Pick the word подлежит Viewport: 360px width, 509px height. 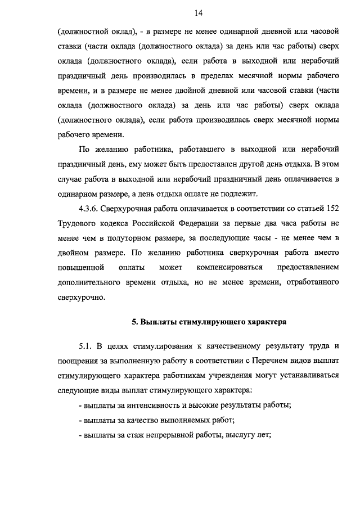click(x=239, y=193)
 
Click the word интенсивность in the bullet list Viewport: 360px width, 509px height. click(x=150, y=404)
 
